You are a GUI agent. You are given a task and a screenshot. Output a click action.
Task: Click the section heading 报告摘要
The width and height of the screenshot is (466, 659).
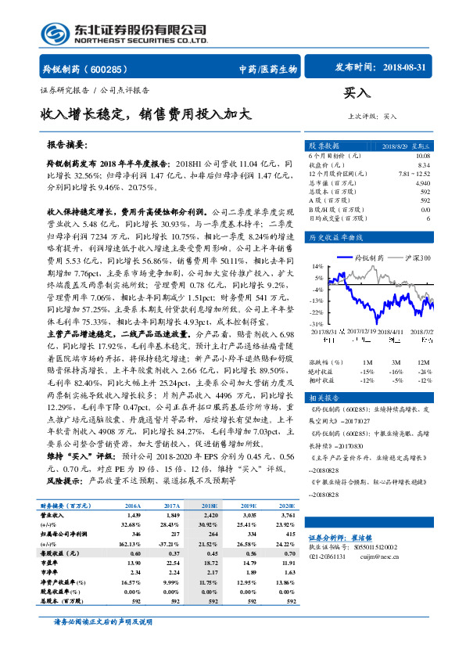tap(68, 145)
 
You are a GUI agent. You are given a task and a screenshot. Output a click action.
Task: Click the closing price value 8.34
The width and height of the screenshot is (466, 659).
tap(423, 165)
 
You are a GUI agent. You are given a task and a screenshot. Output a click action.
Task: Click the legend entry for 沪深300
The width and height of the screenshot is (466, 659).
tap(415, 256)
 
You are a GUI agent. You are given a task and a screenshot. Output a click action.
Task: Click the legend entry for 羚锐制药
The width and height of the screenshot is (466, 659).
tap(368, 256)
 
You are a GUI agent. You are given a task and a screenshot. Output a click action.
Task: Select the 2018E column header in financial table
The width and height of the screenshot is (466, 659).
tap(210, 506)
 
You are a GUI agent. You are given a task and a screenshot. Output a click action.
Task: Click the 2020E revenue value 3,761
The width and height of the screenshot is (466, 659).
tap(289, 517)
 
